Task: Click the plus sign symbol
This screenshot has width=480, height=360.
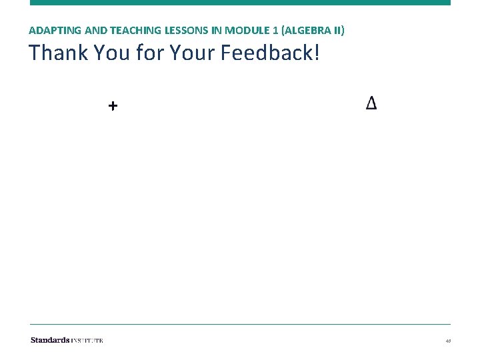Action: click(113, 105)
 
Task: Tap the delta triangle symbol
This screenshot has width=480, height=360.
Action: click(371, 103)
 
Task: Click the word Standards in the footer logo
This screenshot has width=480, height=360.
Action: click(49, 340)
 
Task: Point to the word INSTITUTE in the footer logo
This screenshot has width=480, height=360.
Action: click(87, 340)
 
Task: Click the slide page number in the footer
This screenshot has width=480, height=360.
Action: click(449, 341)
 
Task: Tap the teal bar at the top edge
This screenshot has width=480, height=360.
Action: click(240, 3)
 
